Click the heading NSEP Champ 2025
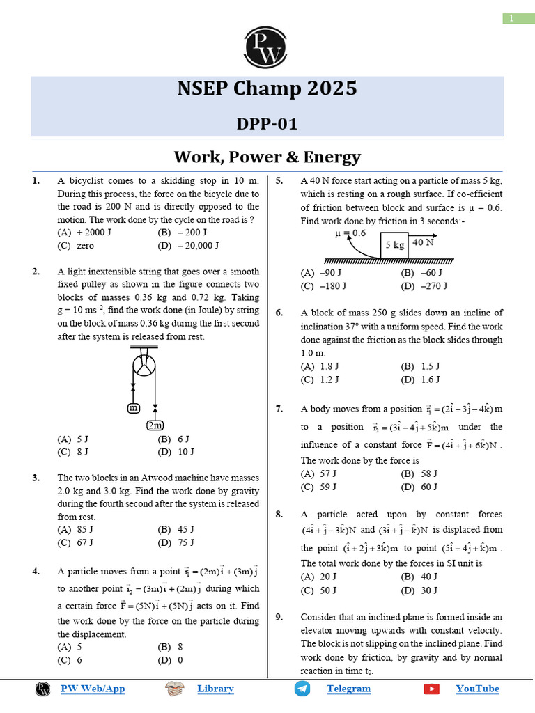pyautogui.click(x=267, y=88)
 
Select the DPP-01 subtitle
pyautogui.click(x=267, y=124)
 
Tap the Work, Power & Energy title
pyautogui.click(x=267, y=156)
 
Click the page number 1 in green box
pyautogui.click(x=511, y=18)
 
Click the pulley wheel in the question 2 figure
pyautogui.click(x=144, y=367)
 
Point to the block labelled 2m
pyautogui.click(x=155, y=425)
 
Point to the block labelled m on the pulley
pyautogui.click(x=133, y=408)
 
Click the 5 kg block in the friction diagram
pyautogui.click(x=395, y=245)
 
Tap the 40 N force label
pyautogui.click(x=423, y=242)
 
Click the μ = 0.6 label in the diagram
pyautogui.click(x=350, y=233)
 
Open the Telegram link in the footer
pyautogui.click(x=348, y=689)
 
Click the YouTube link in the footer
pyautogui.click(x=477, y=689)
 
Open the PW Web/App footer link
pyautogui.click(x=93, y=689)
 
